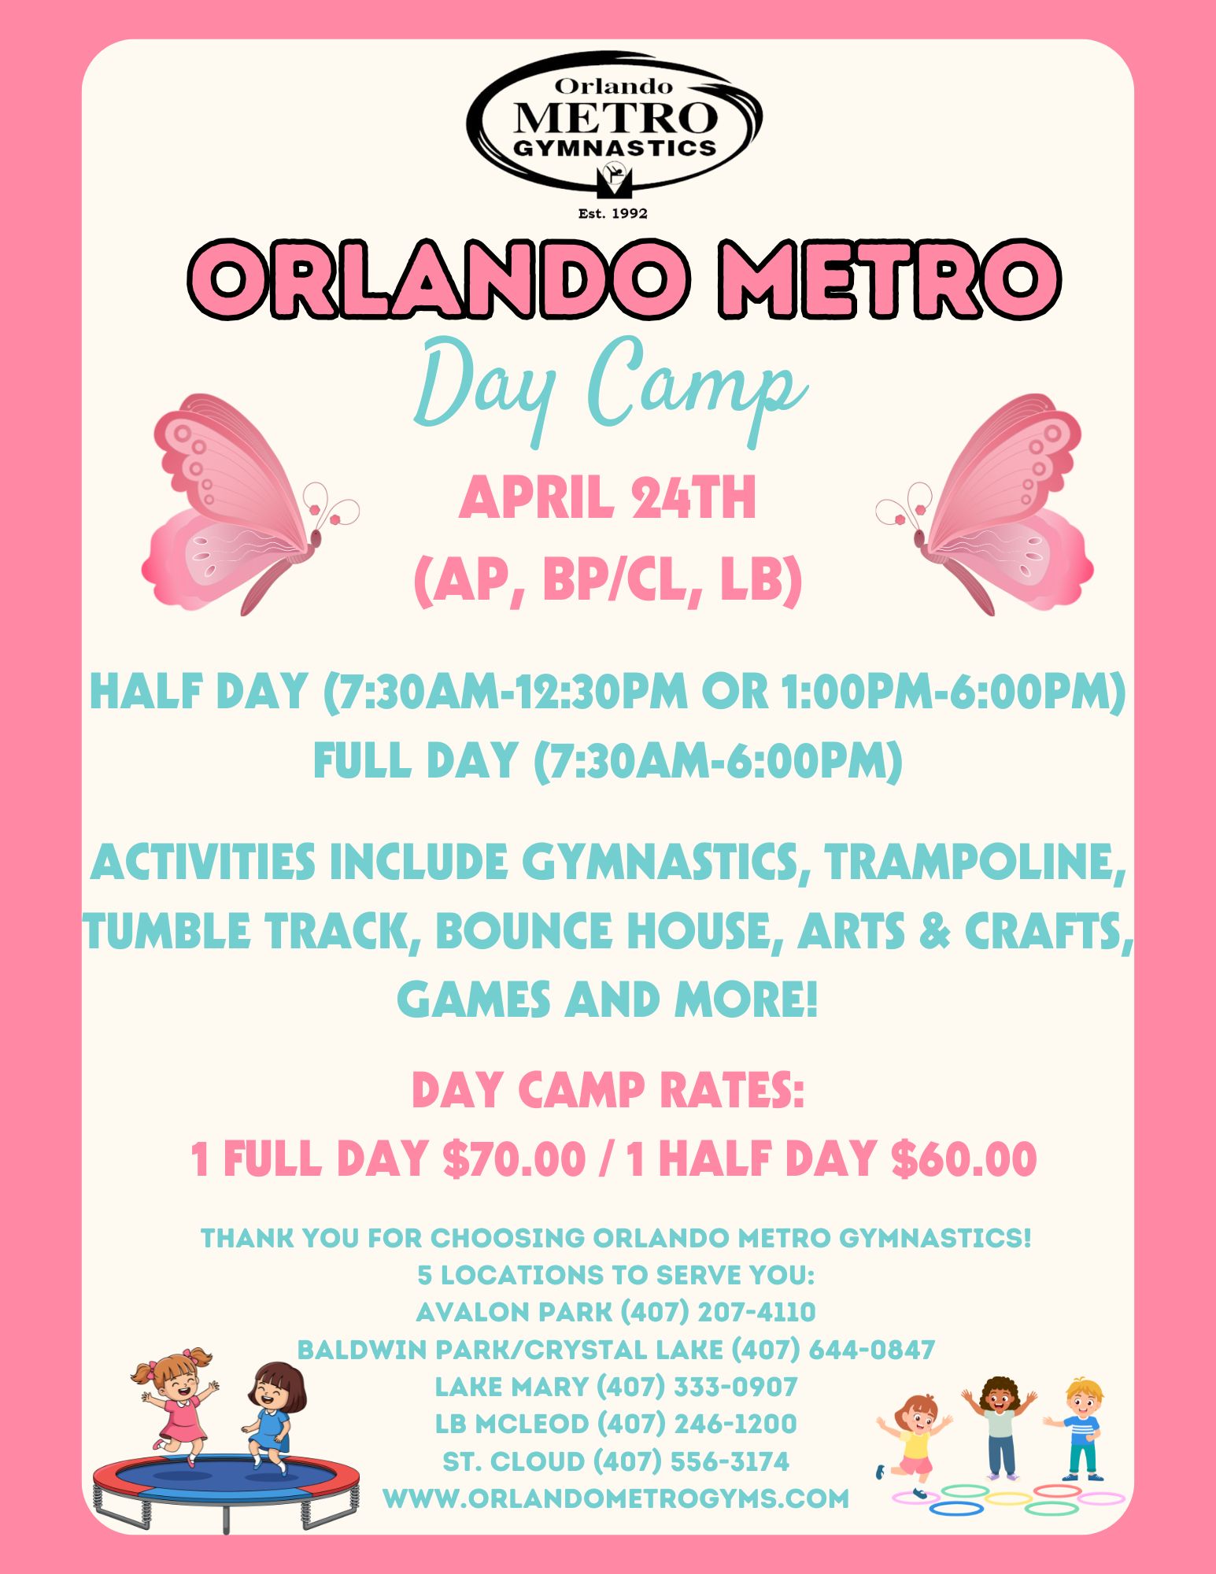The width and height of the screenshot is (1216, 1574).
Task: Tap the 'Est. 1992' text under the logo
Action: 612,213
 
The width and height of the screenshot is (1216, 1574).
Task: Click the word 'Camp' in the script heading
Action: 697,390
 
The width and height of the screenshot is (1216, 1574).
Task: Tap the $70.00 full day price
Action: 514,1159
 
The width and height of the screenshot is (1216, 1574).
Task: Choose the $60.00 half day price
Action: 963,1159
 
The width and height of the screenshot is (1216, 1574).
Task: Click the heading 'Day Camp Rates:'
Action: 608,1090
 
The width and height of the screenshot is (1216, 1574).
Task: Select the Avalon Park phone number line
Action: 615,1312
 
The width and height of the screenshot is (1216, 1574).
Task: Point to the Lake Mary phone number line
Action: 615,1387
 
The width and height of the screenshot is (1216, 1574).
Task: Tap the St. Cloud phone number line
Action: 615,1461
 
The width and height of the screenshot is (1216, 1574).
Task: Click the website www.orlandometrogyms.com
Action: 615,1498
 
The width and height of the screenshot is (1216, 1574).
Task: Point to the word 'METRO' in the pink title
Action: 889,279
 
